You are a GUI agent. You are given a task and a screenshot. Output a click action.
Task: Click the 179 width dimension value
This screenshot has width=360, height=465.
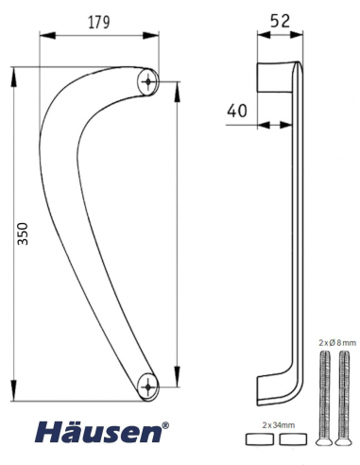tap(99, 22)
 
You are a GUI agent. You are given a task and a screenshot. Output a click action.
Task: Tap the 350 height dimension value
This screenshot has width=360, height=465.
tap(23, 233)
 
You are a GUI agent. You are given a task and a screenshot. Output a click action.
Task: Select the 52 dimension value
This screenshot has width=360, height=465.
tap(280, 21)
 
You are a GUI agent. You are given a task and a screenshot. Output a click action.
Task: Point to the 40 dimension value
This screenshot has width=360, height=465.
tap(237, 111)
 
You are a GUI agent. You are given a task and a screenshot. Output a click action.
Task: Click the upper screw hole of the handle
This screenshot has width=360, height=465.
tap(148, 81)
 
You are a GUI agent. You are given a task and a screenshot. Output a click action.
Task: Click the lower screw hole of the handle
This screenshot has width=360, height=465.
tap(148, 387)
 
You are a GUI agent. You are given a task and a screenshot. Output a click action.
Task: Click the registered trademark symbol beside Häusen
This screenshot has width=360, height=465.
tap(165, 426)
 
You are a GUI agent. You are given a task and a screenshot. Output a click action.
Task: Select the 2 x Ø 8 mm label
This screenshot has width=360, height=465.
tap(337, 343)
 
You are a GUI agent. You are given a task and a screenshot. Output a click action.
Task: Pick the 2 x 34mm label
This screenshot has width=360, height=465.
tap(279, 425)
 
